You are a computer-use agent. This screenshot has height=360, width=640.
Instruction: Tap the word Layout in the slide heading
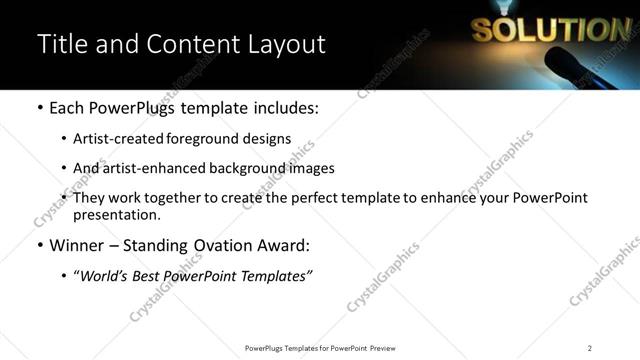tap(282, 45)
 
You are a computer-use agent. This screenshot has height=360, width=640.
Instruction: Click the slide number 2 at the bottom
tap(589, 348)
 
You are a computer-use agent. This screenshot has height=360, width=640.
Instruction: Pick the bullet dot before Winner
tap(39, 244)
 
